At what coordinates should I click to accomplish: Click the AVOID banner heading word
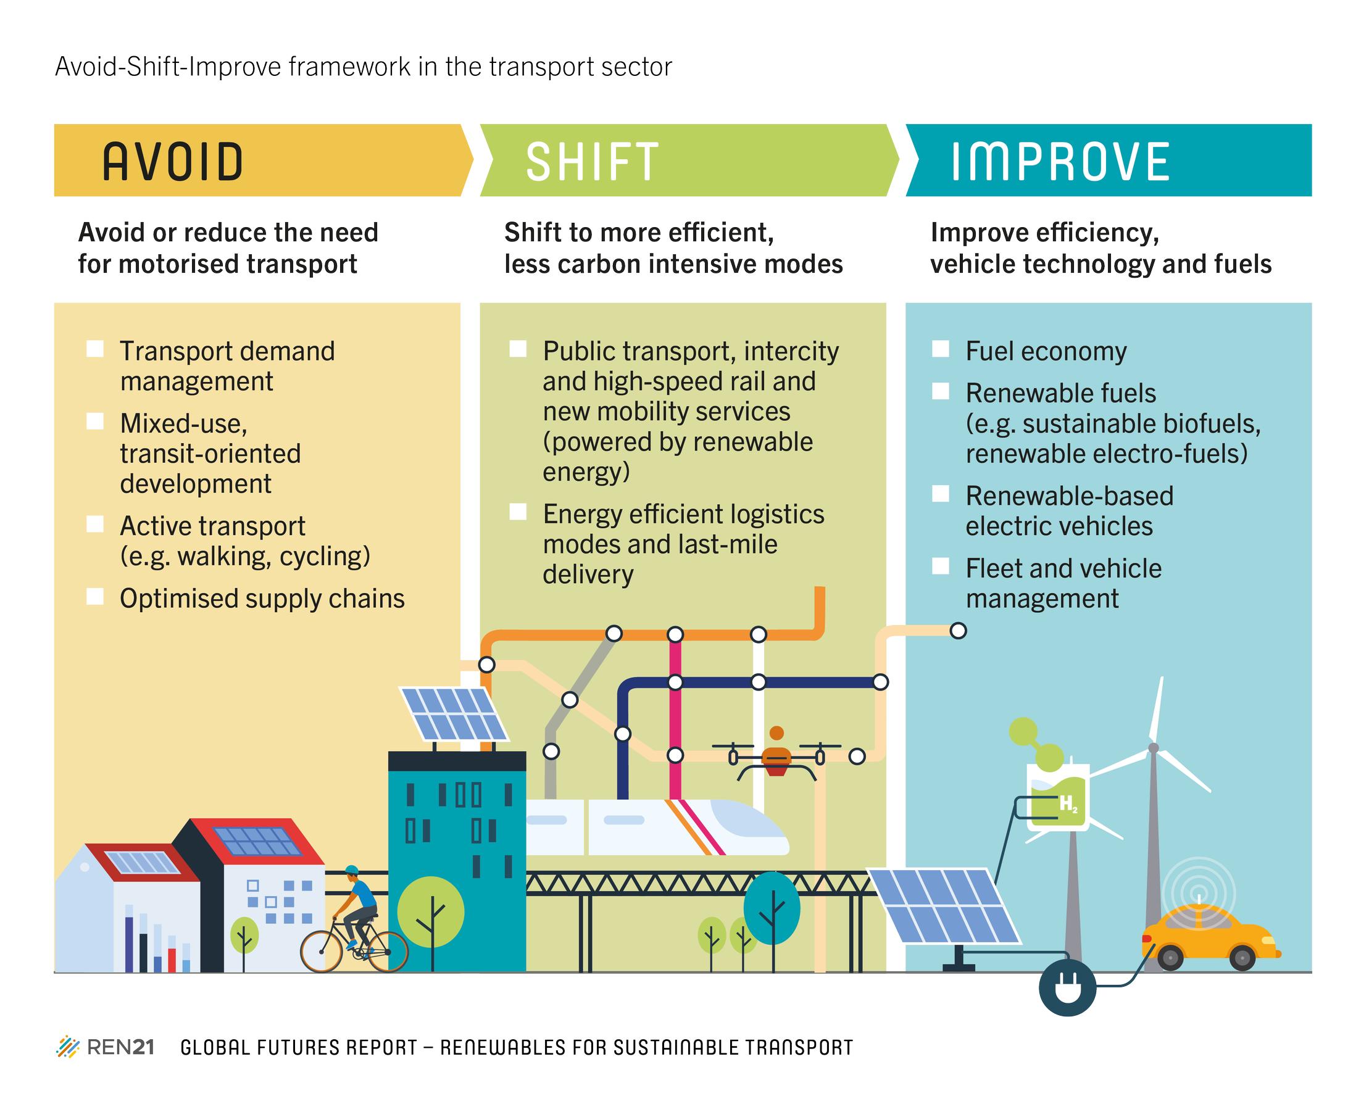coord(172,162)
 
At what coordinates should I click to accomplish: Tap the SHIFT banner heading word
coord(592,162)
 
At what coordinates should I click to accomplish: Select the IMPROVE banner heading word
coord(1060,162)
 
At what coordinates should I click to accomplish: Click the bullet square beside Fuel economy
coord(941,349)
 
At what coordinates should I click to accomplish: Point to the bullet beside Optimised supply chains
coord(95,596)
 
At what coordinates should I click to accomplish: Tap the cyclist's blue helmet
coord(351,870)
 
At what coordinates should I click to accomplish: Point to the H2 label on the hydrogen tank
coord(1068,805)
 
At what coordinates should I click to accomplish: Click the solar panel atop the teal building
coord(454,713)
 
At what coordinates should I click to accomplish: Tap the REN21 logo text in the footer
coord(120,1047)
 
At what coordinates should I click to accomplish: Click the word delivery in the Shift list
coord(588,575)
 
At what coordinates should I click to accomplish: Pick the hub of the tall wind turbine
coord(1154,747)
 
